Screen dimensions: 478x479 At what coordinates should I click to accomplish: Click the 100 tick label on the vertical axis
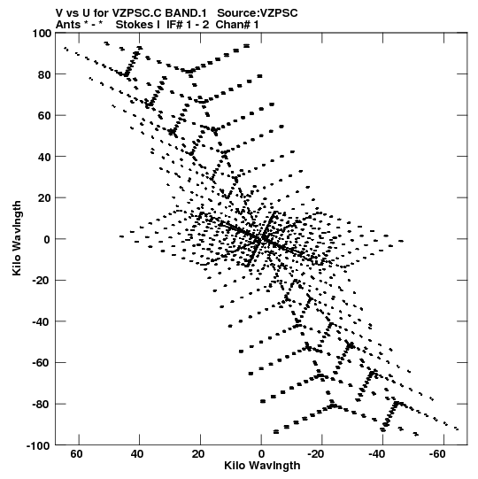pyautogui.click(x=42, y=33)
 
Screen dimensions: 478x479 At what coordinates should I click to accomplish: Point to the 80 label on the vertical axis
pyautogui.click(x=44, y=74)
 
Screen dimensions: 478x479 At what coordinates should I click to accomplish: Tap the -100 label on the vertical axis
pyautogui.click(x=39, y=445)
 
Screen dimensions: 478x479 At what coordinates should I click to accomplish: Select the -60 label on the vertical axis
pyautogui.click(x=42, y=363)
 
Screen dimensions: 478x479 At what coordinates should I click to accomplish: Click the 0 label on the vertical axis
pyautogui.click(x=47, y=239)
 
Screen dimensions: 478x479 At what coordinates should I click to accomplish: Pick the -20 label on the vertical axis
pyautogui.click(x=42, y=281)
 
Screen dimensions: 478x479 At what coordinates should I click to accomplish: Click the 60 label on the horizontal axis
pyautogui.click(x=76, y=454)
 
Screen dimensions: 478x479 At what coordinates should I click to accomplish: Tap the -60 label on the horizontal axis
pyautogui.click(x=436, y=454)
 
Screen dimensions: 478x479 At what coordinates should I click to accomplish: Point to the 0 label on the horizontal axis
pyautogui.click(x=261, y=454)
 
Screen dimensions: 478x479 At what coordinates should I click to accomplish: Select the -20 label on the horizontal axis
pyautogui.click(x=315, y=454)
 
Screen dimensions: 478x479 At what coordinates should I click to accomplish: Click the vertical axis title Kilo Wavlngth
pyautogui.click(x=17, y=238)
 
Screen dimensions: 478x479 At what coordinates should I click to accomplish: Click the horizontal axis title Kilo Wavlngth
pyautogui.click(x=262, y=466)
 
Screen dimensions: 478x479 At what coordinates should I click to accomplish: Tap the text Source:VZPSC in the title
pyautogui.click(x=258, y=13)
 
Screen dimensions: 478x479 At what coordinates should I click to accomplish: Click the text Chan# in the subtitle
pyautogui.click(x=234, y=25)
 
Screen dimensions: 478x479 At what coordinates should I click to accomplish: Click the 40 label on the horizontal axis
pyautogui.click(x=137, y=454)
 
